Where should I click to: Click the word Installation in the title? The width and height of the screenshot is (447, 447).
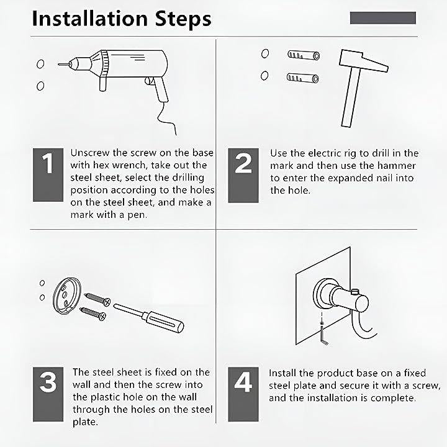coord(89,19)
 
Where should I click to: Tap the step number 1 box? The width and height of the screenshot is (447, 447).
coord(48,174)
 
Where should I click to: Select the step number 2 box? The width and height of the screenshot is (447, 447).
coord(243,175)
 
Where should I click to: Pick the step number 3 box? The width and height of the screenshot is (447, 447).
coord(48,394)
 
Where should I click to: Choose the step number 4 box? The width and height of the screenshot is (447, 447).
coord(243,394)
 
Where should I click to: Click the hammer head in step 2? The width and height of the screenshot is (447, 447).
coord(363,60)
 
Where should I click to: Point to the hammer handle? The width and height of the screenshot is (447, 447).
coord(351,97)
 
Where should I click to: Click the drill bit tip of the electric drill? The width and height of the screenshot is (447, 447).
coord(59,65)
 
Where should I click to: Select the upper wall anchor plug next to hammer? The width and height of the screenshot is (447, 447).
coord(304,55)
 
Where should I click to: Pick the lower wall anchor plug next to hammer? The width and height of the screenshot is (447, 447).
coord(303,78)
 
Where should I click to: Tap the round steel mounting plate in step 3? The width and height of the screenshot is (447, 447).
coord(67,296)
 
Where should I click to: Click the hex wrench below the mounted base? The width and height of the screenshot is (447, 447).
coord(323,335)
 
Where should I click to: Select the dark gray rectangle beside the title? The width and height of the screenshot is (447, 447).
coord(383,17)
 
